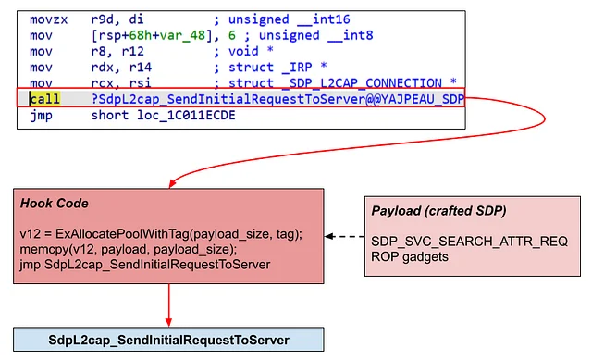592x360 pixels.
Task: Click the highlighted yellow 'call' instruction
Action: (41, 99)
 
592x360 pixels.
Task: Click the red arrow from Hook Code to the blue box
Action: (168, 306)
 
